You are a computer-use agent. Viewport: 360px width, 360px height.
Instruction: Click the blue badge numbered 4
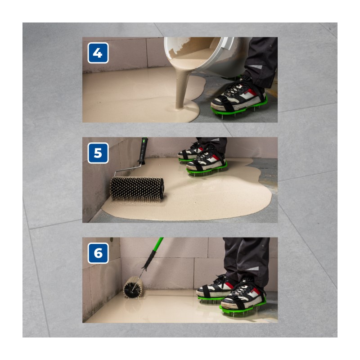(98, 53)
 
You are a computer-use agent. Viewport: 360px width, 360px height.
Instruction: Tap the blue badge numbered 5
(98, 153)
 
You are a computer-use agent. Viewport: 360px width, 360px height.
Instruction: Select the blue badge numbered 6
(98, 253)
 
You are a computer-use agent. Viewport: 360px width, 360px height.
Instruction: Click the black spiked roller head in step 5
(137, 189)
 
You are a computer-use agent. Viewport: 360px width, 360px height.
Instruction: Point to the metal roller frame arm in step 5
(127, 168)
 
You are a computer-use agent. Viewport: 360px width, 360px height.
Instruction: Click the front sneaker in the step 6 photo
(243, 296)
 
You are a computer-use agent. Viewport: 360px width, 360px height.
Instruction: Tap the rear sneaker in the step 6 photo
(215, 288)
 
